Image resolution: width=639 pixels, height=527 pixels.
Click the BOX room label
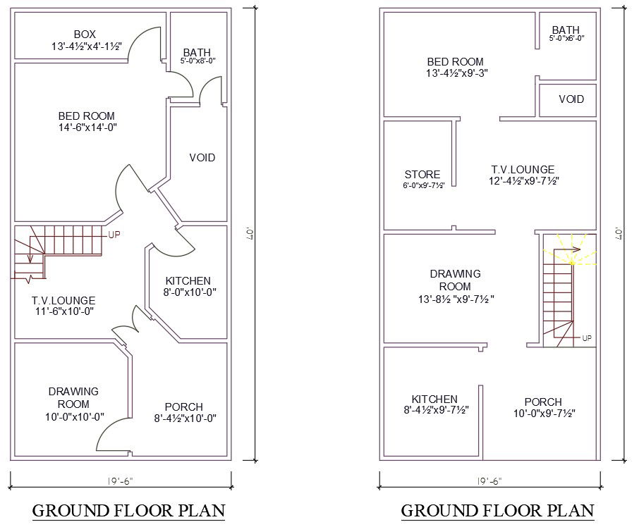pos(84,35)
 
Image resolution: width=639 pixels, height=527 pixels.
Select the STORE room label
pos(422,175)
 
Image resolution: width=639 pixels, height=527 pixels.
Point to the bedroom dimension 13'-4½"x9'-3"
pos(457,73)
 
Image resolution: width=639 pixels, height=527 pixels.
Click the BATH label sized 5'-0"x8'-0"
pos(197,53)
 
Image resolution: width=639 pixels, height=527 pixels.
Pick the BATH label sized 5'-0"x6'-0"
pos(566,30)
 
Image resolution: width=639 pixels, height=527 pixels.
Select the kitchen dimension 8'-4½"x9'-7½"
pos(434,409)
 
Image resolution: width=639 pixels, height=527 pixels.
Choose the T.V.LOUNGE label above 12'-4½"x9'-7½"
pos(523,170)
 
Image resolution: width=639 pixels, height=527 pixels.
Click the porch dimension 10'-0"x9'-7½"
pos(544,414)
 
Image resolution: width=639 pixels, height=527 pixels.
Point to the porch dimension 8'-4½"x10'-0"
pos(183,418)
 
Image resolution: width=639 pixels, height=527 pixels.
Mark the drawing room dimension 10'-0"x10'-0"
pos(74,416)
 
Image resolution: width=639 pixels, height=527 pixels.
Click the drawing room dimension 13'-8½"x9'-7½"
pos(456,299)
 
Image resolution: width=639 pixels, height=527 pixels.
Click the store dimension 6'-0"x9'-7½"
pos(423,186)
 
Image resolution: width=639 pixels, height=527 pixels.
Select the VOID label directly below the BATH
pos(571,99)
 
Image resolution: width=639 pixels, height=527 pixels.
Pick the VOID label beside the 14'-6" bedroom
pos(202,157)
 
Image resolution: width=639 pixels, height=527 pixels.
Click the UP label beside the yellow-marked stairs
pos(587,338)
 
